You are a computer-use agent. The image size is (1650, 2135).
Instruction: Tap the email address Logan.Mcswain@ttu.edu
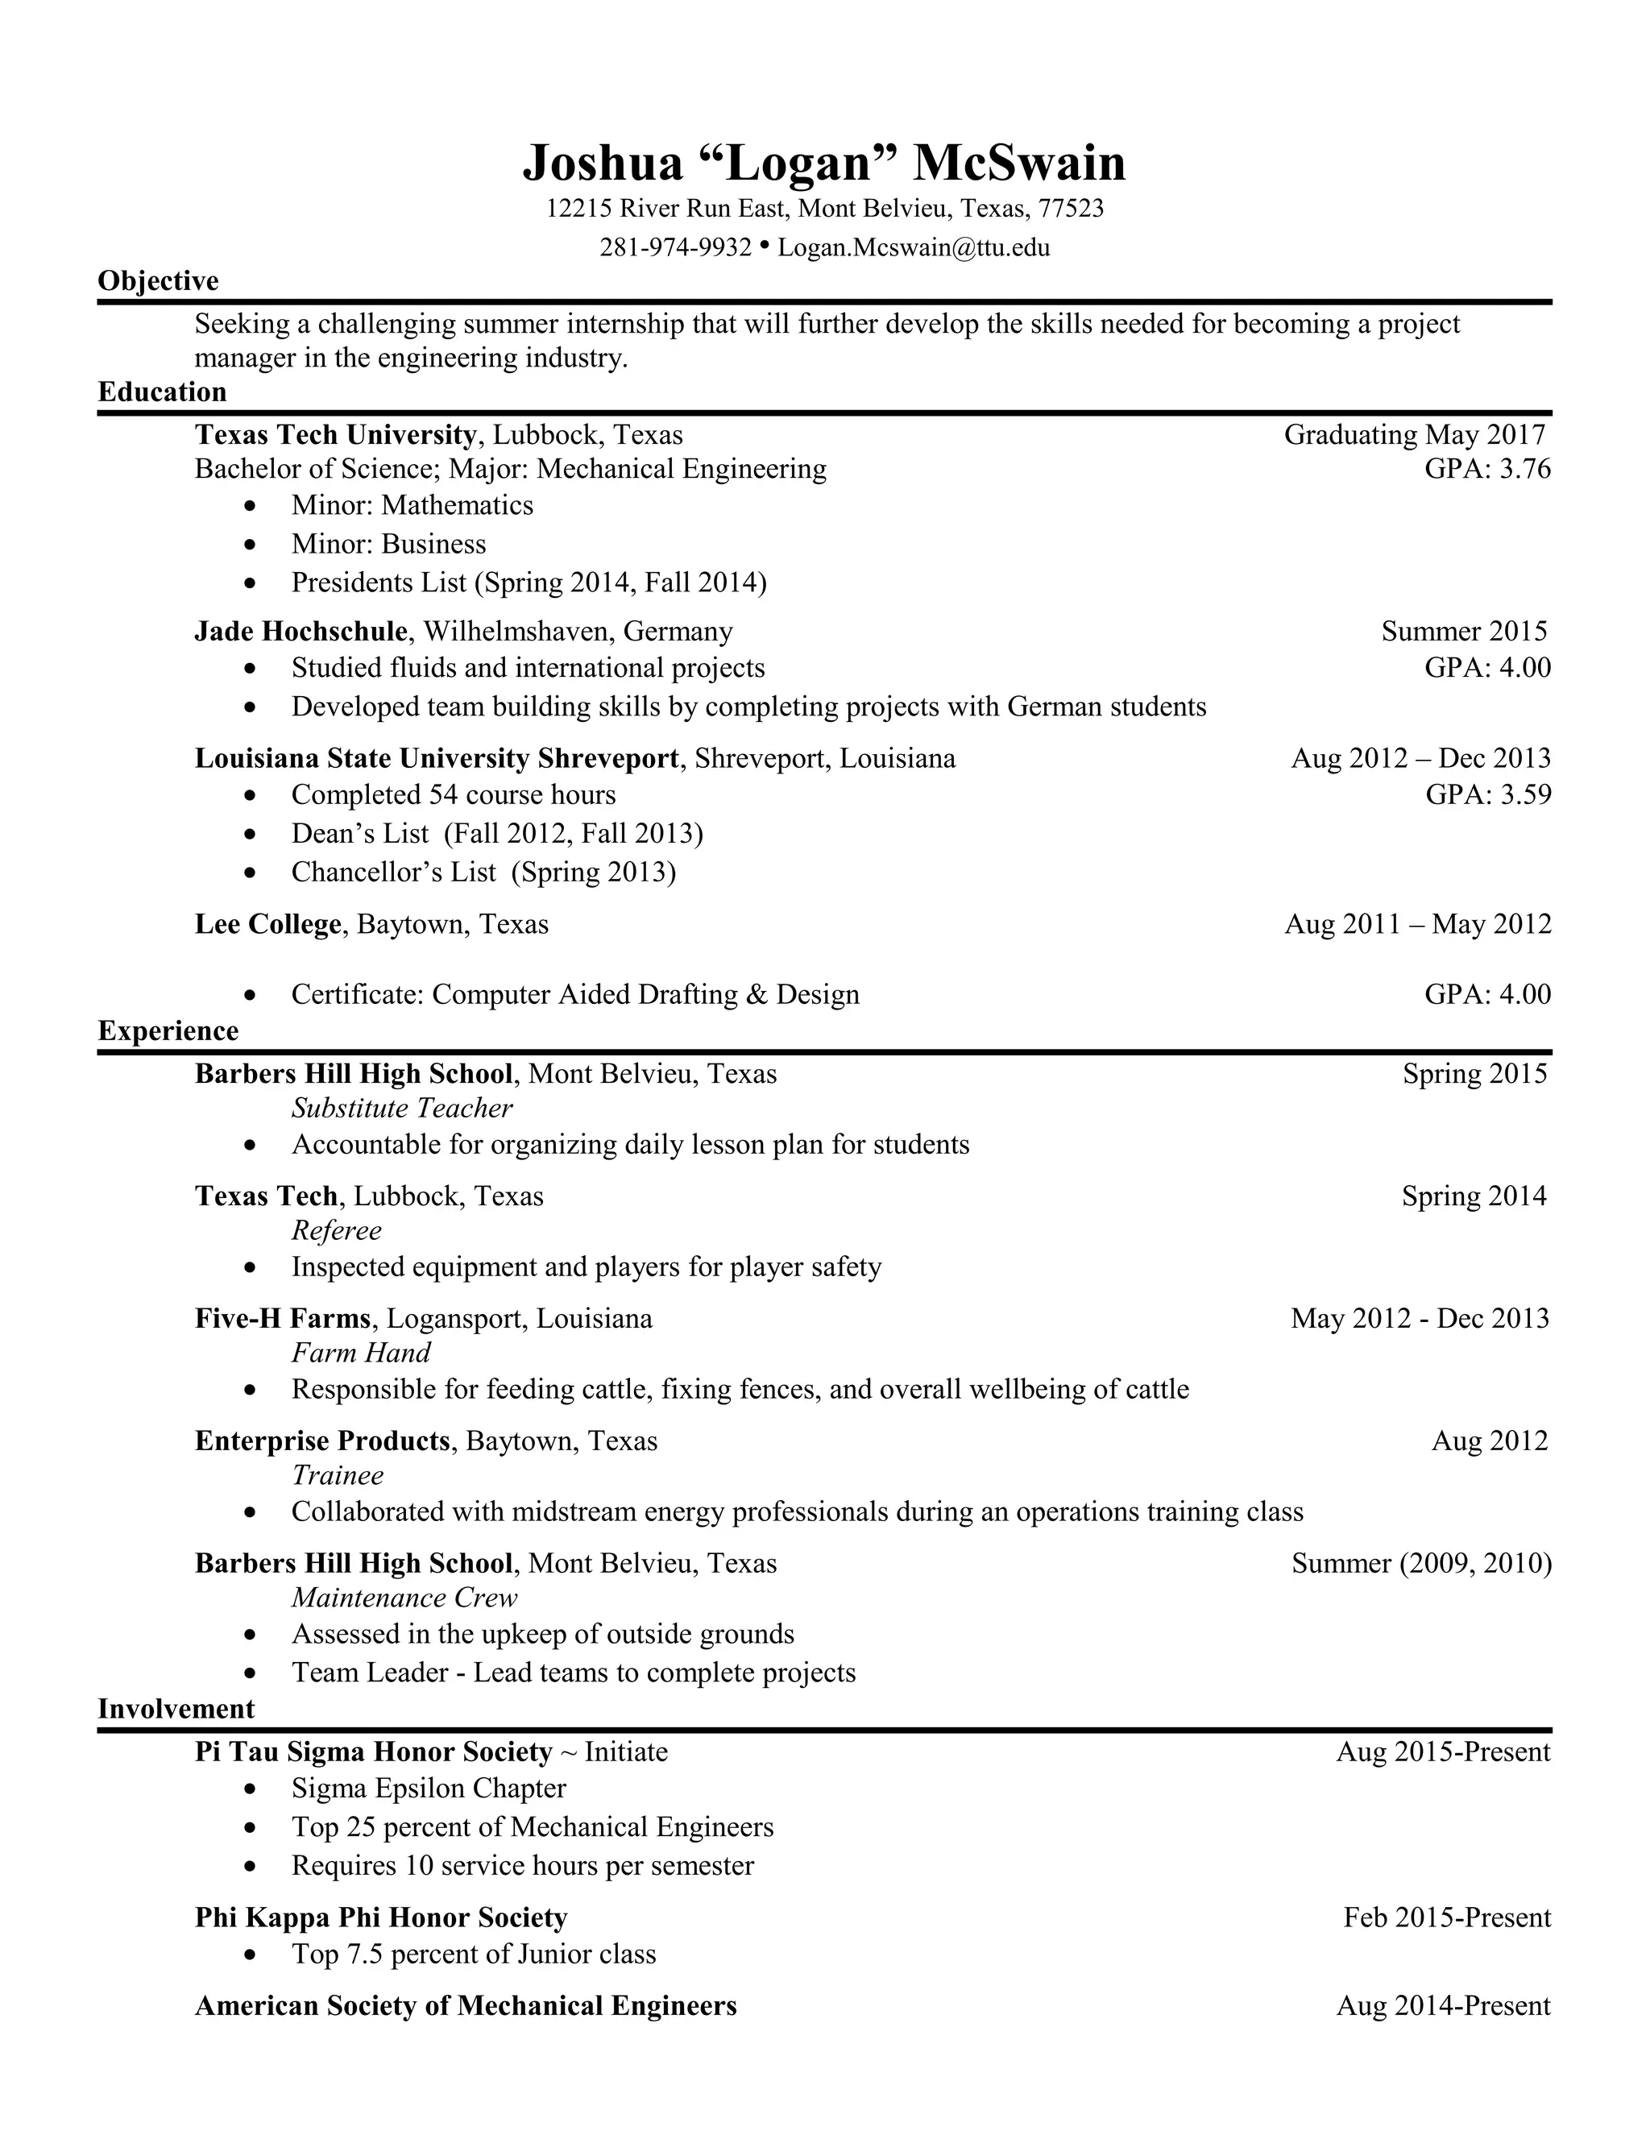[913, 247]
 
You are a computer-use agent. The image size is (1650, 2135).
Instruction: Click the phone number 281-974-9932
[674, 247]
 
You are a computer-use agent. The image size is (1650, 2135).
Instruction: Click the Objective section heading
[159, 281]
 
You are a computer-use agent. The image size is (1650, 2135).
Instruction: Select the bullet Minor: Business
[388, 545]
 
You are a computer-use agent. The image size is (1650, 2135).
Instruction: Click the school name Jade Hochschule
[300, 632]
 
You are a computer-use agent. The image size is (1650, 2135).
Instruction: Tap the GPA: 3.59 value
[1488, 794]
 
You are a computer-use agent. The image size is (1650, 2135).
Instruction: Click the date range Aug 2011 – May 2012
[1417, 925]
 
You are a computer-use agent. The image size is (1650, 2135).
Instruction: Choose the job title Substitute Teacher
[402, 1109]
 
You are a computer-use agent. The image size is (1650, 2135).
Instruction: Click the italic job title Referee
[336, 1231]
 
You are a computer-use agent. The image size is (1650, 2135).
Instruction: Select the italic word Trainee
[338, 1475]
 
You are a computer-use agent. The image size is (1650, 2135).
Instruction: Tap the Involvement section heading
[176, 1709]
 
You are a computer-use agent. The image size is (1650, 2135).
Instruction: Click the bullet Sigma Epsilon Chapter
[428, 1789]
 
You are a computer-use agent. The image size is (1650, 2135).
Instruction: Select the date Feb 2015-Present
[1447, 1918]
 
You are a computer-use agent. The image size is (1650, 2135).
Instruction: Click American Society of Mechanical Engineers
[466, 2006]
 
